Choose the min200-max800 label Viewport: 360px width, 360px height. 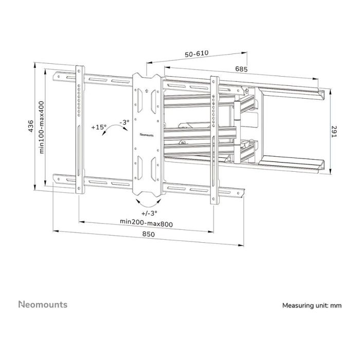pyautogui.click(x=146, y=223)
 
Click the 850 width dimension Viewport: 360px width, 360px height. pyautogui.click(x=148, y=235)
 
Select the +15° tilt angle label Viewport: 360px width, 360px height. pyautogui.click(x=99, y=127)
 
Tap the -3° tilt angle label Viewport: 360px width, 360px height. pyautogui.click(x=123, y=122)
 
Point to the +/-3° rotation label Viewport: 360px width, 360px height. pyautogui.click(x=149, y=212)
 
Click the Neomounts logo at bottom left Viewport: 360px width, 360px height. pyautogui.click(x=43, y=304)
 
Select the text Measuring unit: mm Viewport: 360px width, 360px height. pyautogui.click(x=312, y=305)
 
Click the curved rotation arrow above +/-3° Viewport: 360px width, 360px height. pyautogui.click(x=147, y=201)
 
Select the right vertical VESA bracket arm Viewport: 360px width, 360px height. pyautogui.click(x=213, y=139)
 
